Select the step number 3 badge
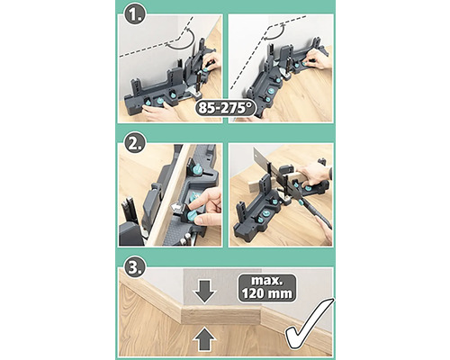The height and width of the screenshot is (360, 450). click(135, 266)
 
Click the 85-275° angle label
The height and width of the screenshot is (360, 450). click(226, 108)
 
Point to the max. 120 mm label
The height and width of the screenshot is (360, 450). click(267, 288)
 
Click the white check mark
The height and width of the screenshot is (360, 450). click(309, 327)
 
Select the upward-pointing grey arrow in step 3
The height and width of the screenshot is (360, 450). click(205, 339)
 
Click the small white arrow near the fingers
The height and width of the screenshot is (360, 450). click(177, 207)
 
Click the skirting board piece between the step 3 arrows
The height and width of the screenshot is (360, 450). click(221, 315)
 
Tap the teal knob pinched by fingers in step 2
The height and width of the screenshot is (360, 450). click(191, 215)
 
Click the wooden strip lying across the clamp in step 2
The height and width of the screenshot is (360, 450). click(169, 195)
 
